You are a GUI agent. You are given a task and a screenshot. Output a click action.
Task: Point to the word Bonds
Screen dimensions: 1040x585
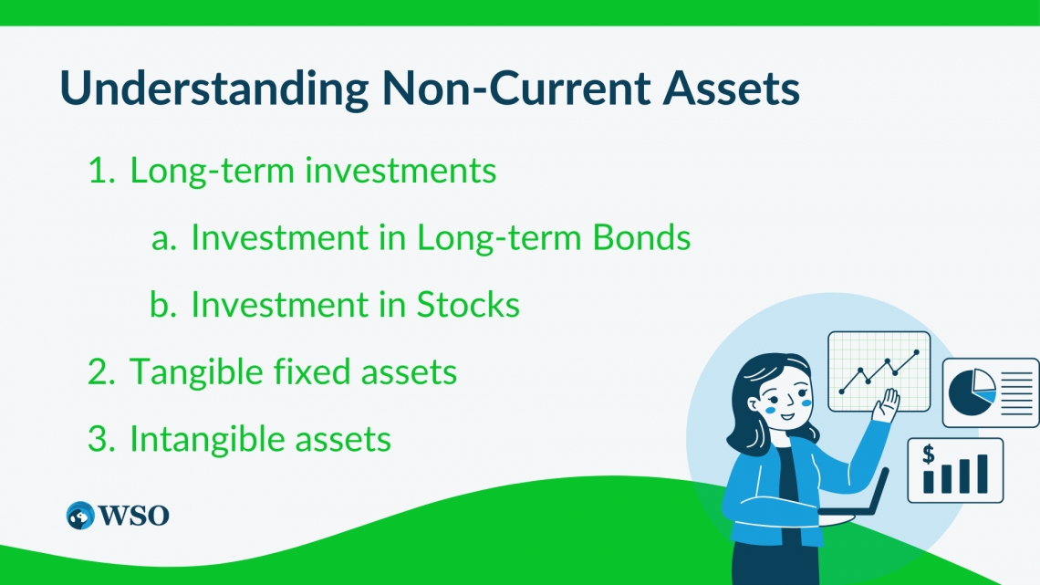click(x=641, y=236)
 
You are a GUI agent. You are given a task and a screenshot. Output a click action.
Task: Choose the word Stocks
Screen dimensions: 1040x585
click(x=468, y=305)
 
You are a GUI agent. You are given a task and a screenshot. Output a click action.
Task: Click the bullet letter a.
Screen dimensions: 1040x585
click(x=164, y=240)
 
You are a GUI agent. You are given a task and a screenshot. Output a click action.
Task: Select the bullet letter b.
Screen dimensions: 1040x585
click(x=163, y=305)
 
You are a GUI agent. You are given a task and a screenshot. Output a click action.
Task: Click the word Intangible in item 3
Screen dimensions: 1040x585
click(x=207, y=439)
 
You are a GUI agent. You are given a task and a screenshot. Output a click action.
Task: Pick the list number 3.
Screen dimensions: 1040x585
click(x=101, y=439)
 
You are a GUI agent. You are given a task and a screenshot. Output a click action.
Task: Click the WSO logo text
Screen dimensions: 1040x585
click(x=133, y=516)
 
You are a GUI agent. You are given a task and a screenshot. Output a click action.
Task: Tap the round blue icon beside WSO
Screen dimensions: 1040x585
click(x=80, y=516)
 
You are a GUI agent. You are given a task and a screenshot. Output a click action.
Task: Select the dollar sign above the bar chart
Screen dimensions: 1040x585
click(x=929, y=454)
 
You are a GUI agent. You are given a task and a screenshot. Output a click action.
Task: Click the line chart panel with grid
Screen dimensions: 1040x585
click(x=879, y=371)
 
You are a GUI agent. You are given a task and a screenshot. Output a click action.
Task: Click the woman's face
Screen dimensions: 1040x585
click(x=784, y=397)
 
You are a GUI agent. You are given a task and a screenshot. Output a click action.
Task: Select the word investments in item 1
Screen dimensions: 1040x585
click(x=400, y=170)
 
